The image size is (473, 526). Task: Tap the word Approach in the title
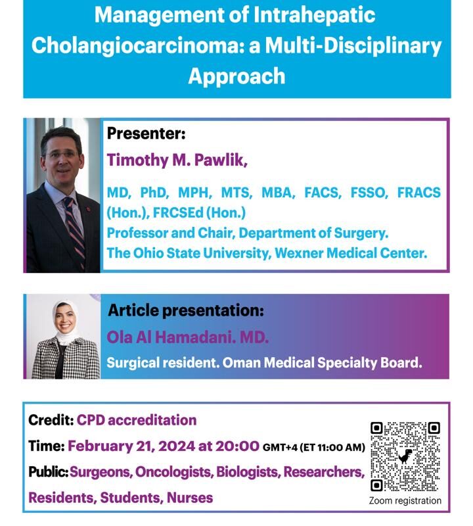click(x=236, y=76)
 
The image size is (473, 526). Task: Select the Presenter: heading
click(x=146, y=133)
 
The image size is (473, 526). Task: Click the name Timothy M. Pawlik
click(x=177, y=160)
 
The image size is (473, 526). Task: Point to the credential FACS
click(x=323, y=193)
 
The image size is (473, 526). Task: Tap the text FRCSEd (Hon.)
click(x=199, y=212)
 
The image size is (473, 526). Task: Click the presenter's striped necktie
click(x=75, y=231)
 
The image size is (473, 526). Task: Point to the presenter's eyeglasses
click(x=62, y=155)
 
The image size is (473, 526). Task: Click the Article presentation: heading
click(x=186, y=310)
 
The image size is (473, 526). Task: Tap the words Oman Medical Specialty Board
click(x=322, y=363)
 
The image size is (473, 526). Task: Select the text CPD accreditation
click(x=137, y=420)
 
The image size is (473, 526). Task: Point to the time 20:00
click(x=237, y=446)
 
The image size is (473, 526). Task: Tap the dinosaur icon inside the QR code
click(x=405, y=456)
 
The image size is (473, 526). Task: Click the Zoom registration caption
click(x=405, y=500)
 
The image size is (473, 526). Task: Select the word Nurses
click(x=190, y=498)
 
